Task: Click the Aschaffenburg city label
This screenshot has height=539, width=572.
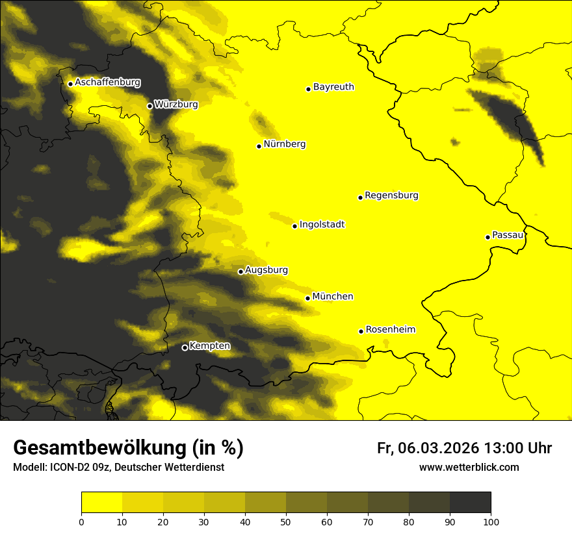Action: click(107, 82)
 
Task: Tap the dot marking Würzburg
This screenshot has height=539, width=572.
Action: click(149, 106)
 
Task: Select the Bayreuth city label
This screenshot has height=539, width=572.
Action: click(333, 86)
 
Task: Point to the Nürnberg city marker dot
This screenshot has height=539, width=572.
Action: click(259, 146)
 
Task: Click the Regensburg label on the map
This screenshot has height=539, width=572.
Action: click(391, 195)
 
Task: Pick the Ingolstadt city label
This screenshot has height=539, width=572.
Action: click(322, 225)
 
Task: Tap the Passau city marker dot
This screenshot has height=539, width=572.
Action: click(487, 237)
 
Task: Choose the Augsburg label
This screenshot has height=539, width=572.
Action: click(266, 270)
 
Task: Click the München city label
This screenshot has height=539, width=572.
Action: click(333, 297)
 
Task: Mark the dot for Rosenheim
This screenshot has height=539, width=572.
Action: click(361, 331)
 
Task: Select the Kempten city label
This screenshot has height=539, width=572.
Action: click(210, 346)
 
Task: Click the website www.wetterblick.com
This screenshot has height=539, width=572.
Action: click(469, 468)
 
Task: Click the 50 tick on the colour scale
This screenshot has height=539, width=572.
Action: click(286, 521)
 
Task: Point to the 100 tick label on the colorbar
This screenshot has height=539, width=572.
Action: click(491, 521)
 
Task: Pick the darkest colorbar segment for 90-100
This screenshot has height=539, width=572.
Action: click(470, 503)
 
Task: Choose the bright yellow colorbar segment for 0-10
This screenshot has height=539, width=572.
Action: click(101, 503)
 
